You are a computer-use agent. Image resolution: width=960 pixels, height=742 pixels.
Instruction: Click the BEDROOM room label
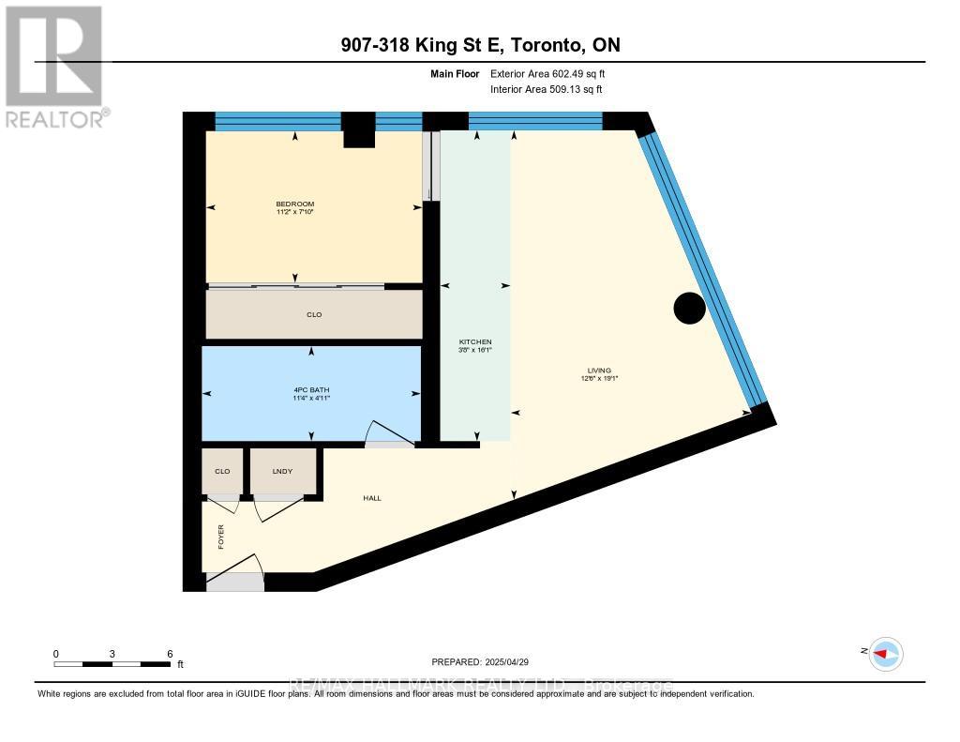click(x=294, y=204)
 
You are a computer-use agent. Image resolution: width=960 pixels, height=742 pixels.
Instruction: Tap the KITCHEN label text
click(x=474, y=341)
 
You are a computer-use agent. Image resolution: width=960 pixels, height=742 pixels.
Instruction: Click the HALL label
click(x=372, y=497)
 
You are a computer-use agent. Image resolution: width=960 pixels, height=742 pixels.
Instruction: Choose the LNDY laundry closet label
click(x=282, y=471)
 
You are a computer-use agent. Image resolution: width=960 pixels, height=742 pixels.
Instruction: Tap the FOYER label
click(x=221, y=538)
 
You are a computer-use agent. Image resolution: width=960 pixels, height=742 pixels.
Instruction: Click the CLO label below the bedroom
click(x=314, y=314)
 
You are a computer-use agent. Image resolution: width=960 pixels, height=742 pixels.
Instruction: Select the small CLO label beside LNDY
click(x=222, y=471)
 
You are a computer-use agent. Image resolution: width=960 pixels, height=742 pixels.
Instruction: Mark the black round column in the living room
click(x=690, y=308)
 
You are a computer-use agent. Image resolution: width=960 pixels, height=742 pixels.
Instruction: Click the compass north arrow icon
click(x=885, y=654)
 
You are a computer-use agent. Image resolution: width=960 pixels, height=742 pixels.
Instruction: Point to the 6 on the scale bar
click(x=170, y=653)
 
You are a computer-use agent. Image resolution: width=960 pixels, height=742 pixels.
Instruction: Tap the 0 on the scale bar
click(x=56, y=653)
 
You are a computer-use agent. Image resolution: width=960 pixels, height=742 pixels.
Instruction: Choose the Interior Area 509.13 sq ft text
click(x=546, y=89)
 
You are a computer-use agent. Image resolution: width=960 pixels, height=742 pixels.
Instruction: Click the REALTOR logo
click(x=53, y=66)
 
